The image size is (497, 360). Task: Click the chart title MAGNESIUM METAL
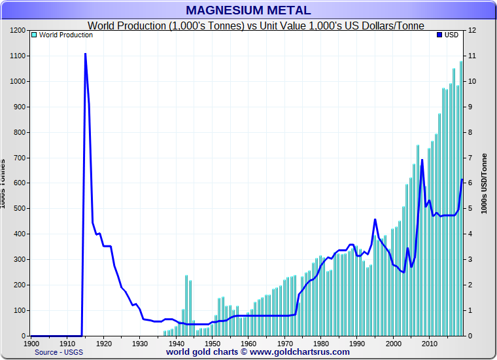[248, 10]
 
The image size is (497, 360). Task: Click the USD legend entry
[448, 35]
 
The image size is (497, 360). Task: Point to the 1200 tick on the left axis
[18, 31]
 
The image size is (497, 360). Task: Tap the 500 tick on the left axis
[20, 209]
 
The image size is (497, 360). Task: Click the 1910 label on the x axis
[67, 343]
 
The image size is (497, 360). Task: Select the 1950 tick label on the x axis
[213, 343]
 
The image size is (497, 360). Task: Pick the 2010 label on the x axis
[430, 343]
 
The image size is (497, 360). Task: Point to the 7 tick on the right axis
[470, 158]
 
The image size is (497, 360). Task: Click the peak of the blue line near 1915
[86, 54]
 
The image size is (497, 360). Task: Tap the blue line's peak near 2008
[422, 160]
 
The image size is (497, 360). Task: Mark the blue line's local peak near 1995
[375, 219]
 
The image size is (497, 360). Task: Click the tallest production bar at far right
[461, 196]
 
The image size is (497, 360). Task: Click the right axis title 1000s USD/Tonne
[484, 187]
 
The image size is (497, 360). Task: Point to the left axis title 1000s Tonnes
[4, 183]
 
